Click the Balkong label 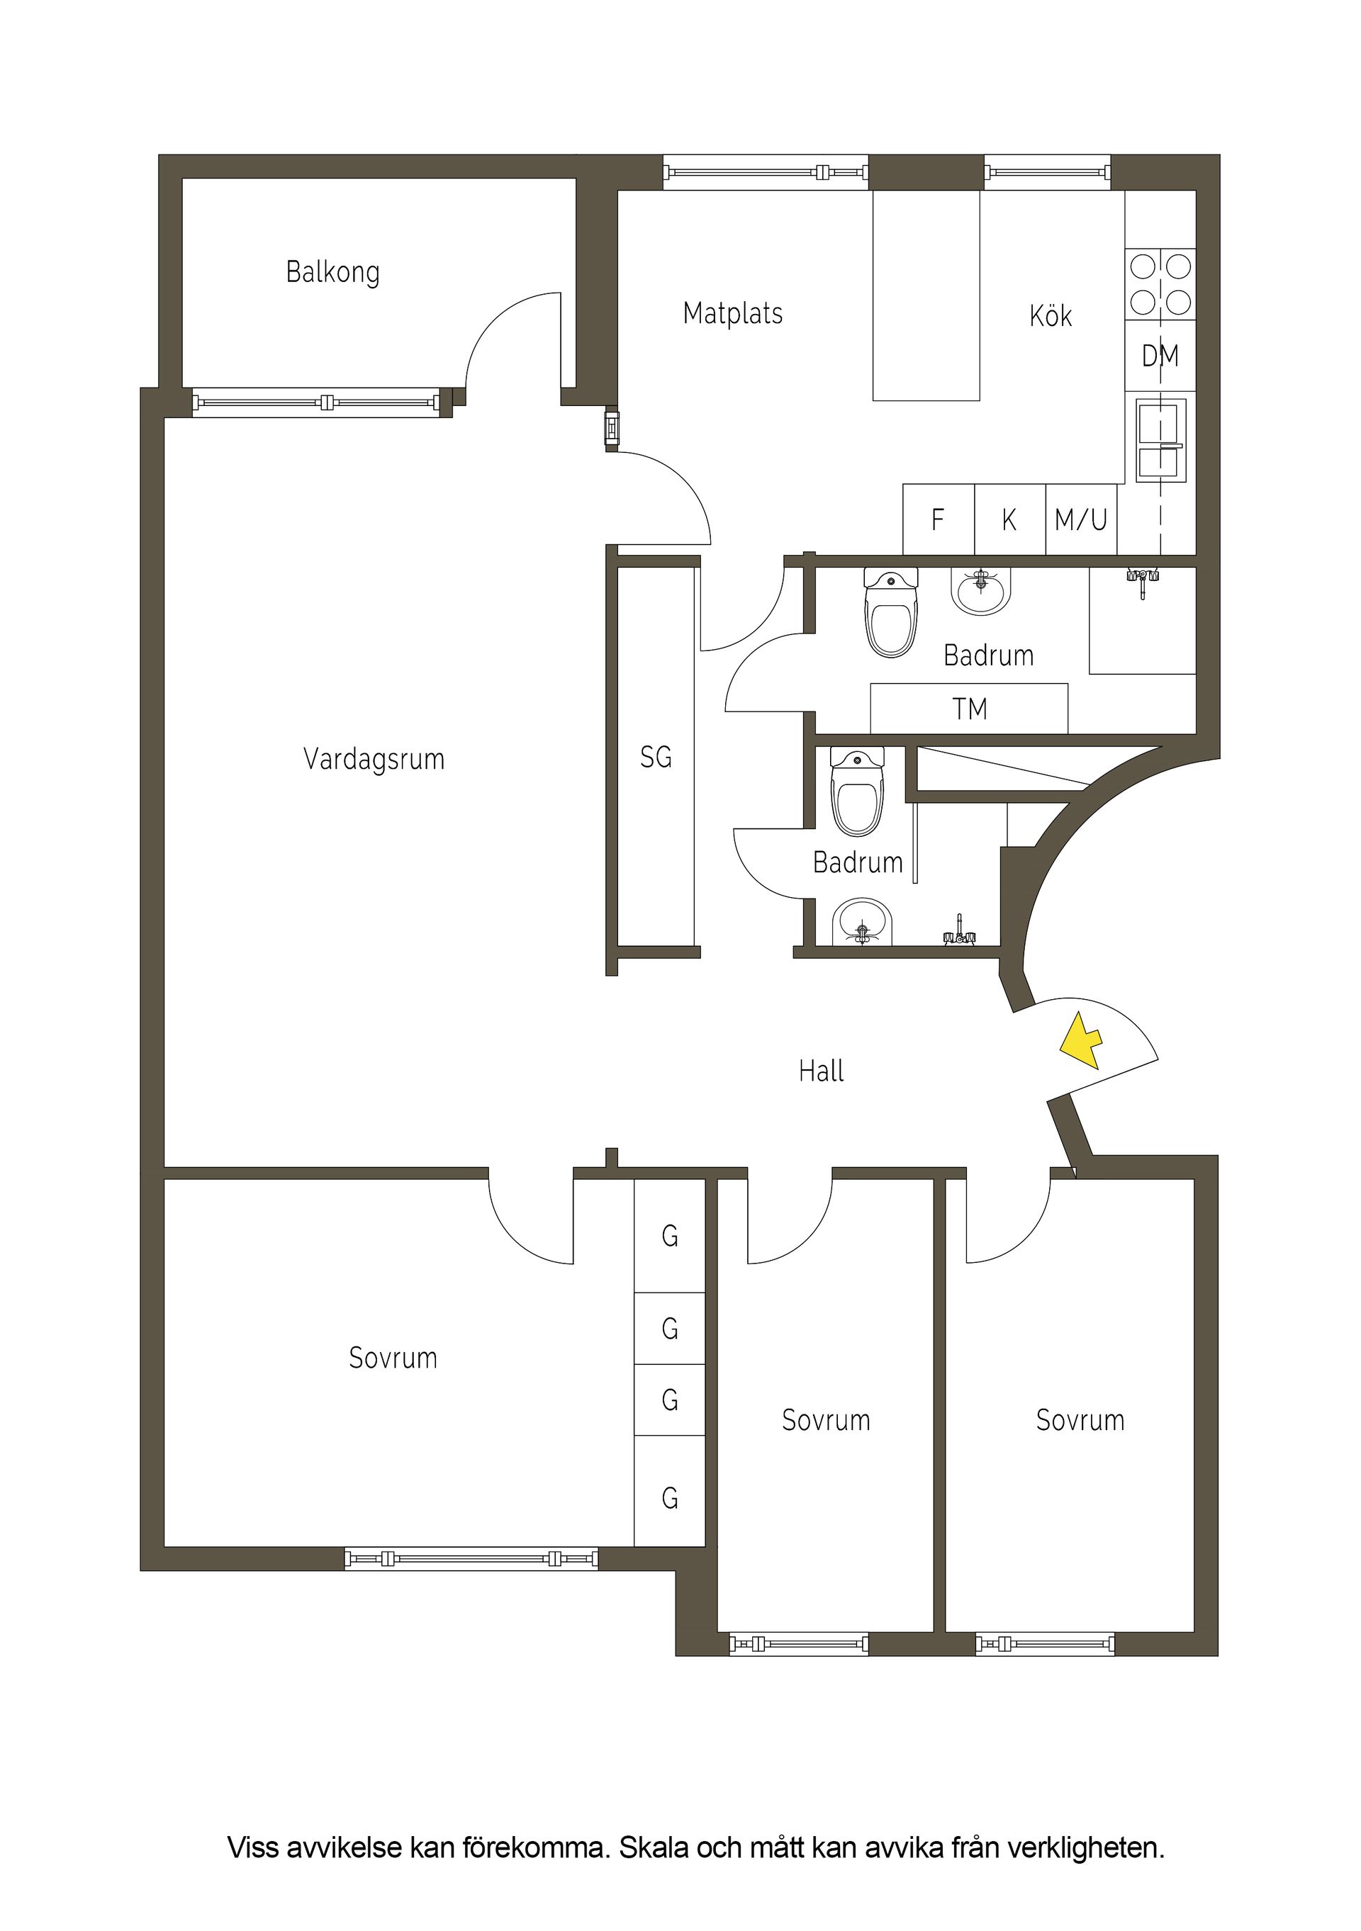tap(332, 273)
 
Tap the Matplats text tap(733, 314)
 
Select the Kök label tap(1051, 316)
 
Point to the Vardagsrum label tap(374, 760)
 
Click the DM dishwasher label tap(1160, 356)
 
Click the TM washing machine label tap(969, 709)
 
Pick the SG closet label tap(656, 758)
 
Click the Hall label tap(821, 1071)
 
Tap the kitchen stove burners tap(1160, 284)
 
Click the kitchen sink tap(1161, 440)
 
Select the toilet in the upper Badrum tap(892, 612)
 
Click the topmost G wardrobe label tap(670, 1237)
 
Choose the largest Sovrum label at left tap(393, 1358)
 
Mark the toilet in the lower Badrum tap(857, 792)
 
